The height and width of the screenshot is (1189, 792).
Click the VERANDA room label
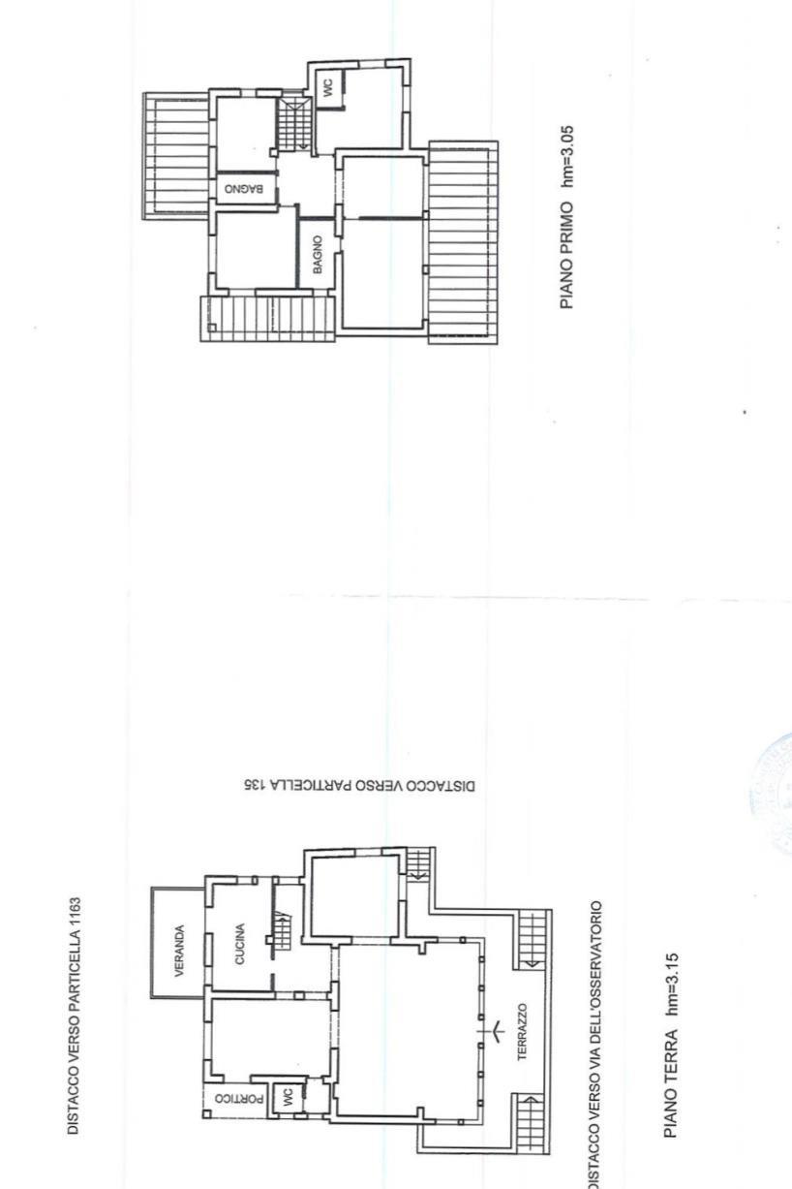tap(179, 951)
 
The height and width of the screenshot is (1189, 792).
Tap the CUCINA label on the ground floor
tap(240, 944)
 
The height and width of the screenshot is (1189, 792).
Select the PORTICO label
tap(239, 1098)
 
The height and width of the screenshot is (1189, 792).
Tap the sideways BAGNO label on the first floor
tap(318, 255)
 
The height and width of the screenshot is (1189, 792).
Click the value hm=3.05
tap(567, 156)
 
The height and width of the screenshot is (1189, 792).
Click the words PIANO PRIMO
tap(567, 255)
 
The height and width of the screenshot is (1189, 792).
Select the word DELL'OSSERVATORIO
tap(595, 975)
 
